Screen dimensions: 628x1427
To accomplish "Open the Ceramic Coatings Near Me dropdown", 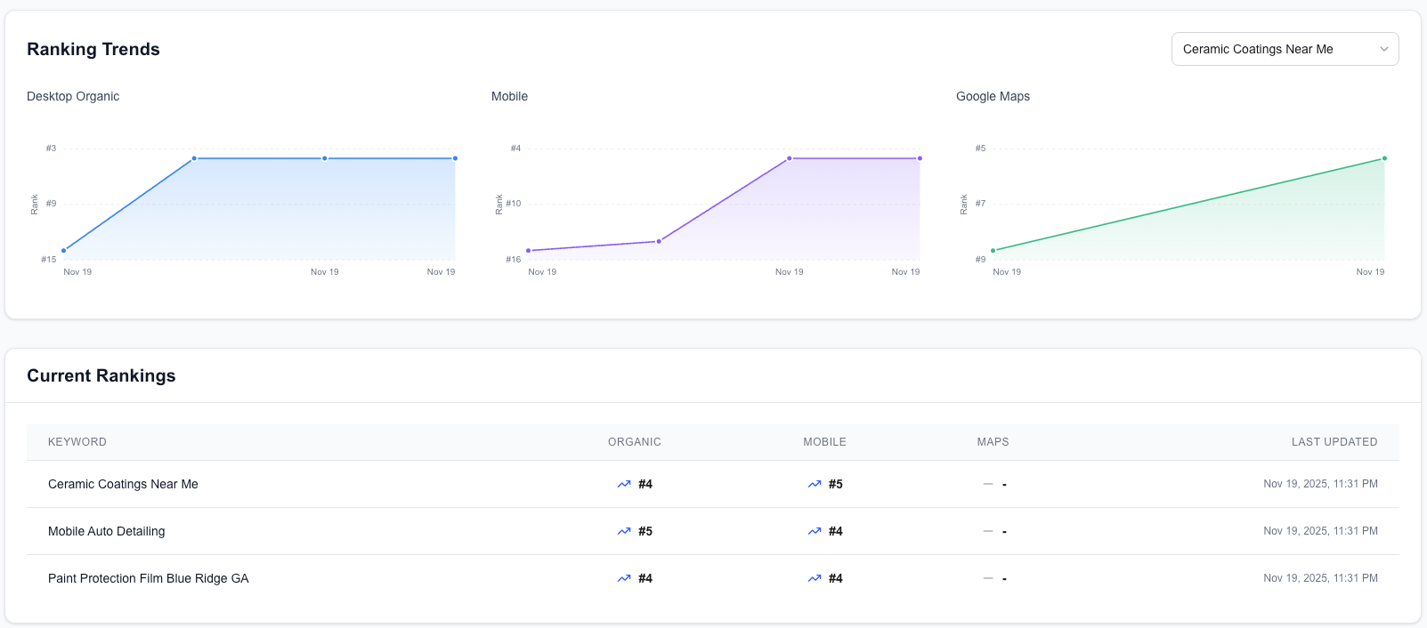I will click(x=1284, y=49).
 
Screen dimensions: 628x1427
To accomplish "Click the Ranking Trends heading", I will click(x=93, y=49).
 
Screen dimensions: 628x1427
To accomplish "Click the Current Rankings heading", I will click(x=101, y=375).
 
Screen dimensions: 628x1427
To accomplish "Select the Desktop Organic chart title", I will click(x=73, y=96).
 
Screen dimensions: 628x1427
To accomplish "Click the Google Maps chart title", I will click(x=993, y=96).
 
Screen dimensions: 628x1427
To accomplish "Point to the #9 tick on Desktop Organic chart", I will click(x=52, y=204).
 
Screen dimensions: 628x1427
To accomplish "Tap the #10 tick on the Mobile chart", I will click(x=514, y=204).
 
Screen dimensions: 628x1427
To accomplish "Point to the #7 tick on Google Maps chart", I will click(x=980, y=204).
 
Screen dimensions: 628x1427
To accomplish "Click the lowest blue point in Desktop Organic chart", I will click(x=64, y=251).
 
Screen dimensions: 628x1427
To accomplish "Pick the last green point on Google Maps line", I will click(x=1384, y=158).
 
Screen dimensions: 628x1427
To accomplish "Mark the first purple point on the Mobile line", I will click(x=529, y=251).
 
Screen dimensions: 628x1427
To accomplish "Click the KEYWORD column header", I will click(x=77, y=442).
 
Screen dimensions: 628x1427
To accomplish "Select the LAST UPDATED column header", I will click(x=1334, y=442).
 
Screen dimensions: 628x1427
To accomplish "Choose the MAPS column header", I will click(x=993, y=442).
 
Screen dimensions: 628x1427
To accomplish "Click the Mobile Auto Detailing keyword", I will click(x=107, y=531).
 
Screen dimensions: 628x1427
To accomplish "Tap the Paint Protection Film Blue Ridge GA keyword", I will click(x=149, y=578).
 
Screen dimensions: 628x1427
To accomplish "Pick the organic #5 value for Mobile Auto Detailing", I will click(x=645, y=531).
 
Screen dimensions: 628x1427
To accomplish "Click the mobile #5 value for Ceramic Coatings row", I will click(x=836, y=484).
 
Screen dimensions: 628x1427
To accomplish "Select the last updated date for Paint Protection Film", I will click(x=1320, y=578).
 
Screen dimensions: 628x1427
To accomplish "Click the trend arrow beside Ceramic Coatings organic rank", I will click(x=624, y=484).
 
